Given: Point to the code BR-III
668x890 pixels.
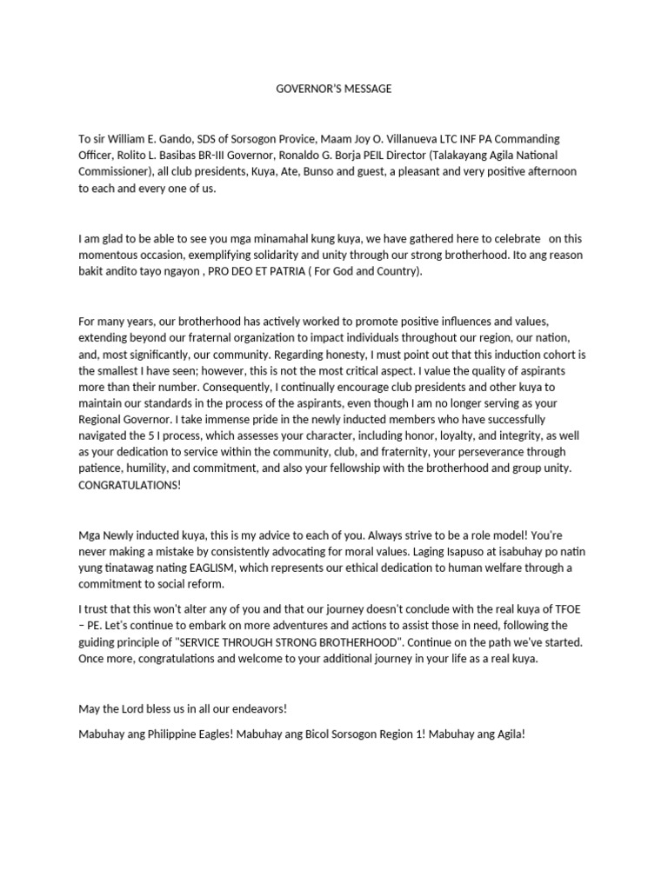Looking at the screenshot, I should click(239, 156).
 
